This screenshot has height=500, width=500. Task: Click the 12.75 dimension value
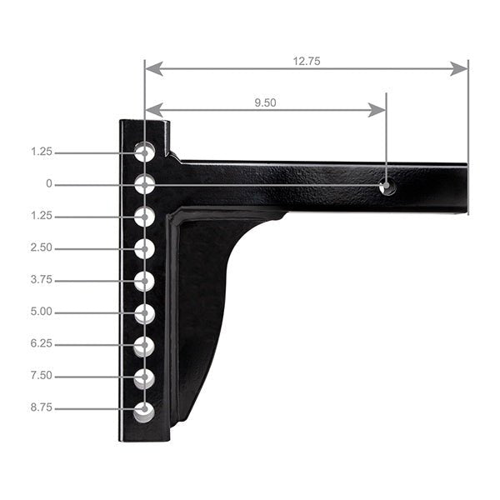307,61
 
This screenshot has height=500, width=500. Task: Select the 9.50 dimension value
265,102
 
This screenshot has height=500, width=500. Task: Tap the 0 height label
49,184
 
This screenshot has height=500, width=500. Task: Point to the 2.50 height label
42,248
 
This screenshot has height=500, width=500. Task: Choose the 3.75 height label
42,280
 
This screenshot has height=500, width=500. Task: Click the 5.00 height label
42,312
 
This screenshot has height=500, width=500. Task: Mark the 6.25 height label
42,344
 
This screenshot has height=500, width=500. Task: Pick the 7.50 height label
42,376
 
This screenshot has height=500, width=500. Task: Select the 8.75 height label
42,408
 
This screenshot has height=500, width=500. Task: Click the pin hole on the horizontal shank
387,186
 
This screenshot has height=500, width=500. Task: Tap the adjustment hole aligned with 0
145,184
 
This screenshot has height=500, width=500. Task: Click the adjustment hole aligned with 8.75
145,411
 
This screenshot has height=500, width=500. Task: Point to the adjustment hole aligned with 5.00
145,314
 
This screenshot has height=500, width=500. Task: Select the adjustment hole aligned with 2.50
145,249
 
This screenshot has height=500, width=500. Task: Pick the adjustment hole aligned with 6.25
145,346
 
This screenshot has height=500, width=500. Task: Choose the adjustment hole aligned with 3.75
145,282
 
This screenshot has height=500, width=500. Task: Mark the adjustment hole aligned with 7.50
145,378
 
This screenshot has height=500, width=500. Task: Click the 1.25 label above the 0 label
42,152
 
